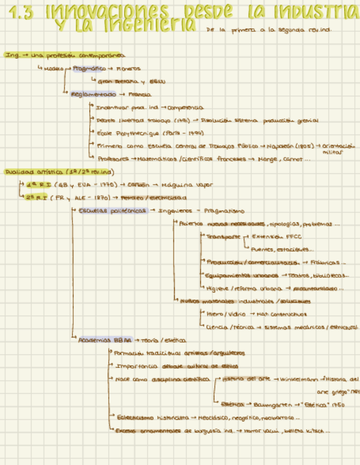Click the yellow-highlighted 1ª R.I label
click(36, 184)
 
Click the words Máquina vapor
click(189, 184)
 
